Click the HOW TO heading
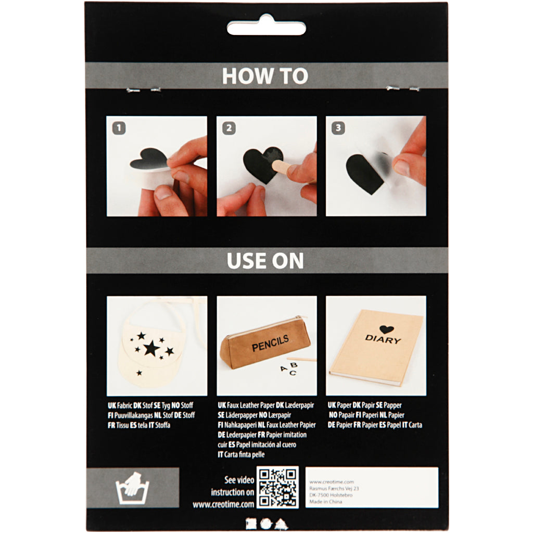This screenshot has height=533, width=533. [265, 76]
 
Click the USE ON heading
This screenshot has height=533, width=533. [265, 261]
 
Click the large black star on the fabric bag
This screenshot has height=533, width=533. [151, 347]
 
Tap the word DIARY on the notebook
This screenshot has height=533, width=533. [383, 339]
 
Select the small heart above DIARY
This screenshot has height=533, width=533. [386, 329]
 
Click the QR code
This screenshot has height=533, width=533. [278, 487]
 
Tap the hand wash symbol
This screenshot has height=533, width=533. [133, 488]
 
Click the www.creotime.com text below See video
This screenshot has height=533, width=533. [223, 504]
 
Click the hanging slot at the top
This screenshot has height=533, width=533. [266, 27]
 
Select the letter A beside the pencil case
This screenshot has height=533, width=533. [283, 369]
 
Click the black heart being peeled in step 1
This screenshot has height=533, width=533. [149, 158]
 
